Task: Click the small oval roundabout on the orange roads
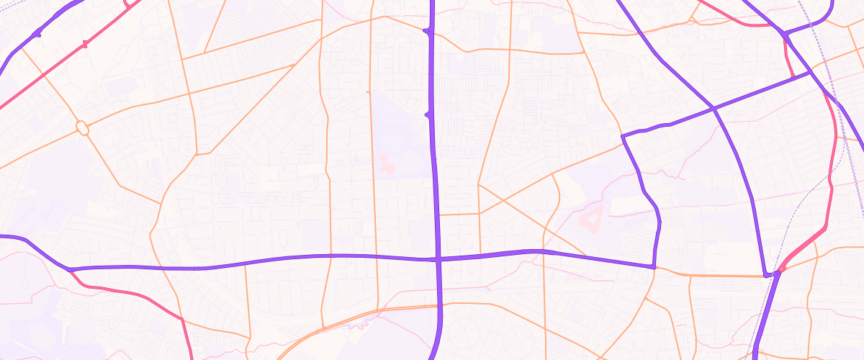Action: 82,128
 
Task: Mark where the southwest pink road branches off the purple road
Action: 71,270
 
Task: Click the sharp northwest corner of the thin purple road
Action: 622,135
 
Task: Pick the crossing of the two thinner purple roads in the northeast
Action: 714,108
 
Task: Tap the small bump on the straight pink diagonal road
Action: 85,45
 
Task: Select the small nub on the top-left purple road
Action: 37,34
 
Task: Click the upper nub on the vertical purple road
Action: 427,32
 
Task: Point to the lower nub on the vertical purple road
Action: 428,114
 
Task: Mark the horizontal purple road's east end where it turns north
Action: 653,267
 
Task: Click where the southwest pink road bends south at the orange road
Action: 180,318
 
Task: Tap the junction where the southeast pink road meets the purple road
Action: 778,273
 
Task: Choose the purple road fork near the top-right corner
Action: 785,33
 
